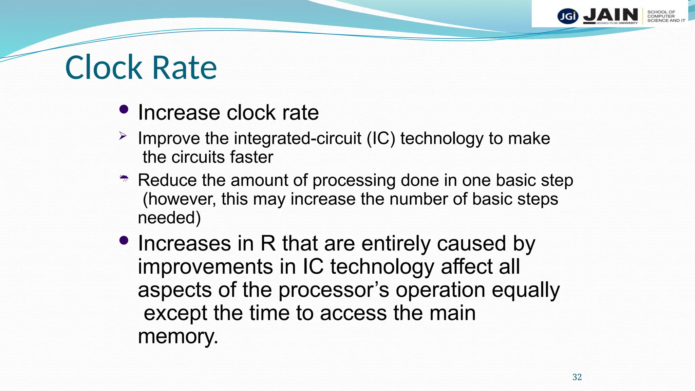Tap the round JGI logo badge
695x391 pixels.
[567, 16]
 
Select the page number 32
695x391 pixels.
[577, 377]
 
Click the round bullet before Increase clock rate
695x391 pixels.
[124, 109]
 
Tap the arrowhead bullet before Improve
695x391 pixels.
[123, 136]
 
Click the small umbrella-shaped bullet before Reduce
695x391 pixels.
[124, 178]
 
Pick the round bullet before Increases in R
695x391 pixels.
[124, 241]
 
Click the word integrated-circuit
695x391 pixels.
[298, 138]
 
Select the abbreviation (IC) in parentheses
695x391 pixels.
[381, 138]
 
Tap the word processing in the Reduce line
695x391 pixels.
[354, 180]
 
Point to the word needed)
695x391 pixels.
[169, 218]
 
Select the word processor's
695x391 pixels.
[334, 290]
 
